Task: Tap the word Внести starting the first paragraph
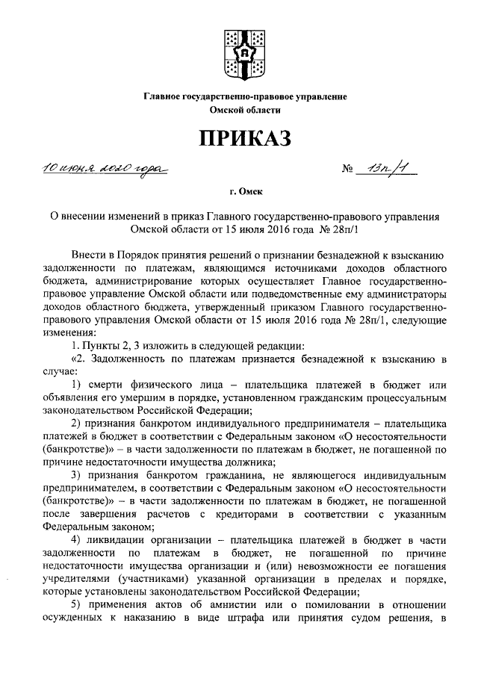92,256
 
